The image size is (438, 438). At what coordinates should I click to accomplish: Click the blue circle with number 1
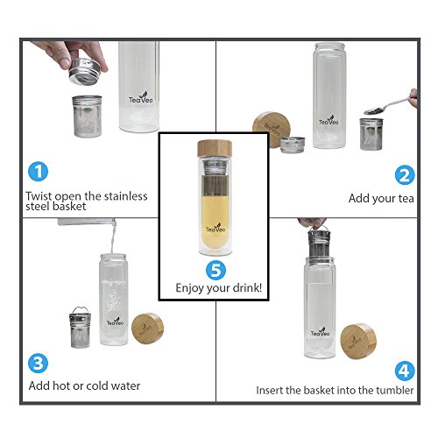click(x=38, y=172)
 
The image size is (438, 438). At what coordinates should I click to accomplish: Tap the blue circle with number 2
click(x=405, y=175)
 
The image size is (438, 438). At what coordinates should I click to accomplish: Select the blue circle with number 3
click(x=38, y=364)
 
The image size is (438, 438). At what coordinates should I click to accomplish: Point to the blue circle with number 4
click(x=405, y=371)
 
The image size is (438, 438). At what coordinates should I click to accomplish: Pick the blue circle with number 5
click(x=215, y=270)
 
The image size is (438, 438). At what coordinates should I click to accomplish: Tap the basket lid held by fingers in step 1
click(x=85, y=72)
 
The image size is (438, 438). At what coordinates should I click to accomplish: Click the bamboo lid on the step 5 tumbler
click(x=215, y=148)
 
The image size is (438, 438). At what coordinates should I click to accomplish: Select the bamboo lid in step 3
click(x=147, y=328)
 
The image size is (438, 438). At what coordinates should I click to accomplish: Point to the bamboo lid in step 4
click(x=358, y=341)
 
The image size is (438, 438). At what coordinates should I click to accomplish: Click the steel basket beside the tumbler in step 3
click(x=80, y=328)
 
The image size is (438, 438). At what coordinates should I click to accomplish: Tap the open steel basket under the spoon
click(x=371, y=134)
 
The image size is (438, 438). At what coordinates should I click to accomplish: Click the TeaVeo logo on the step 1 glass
click(x=141, y=98)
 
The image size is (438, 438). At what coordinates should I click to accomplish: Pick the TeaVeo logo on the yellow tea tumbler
click(x=215, y=228)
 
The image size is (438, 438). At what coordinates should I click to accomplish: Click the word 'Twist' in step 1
click(x=39, y=195)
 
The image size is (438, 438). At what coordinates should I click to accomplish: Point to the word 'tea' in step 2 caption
click(x=406, y=199)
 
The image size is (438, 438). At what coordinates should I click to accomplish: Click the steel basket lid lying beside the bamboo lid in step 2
click(x=293, y=145)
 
